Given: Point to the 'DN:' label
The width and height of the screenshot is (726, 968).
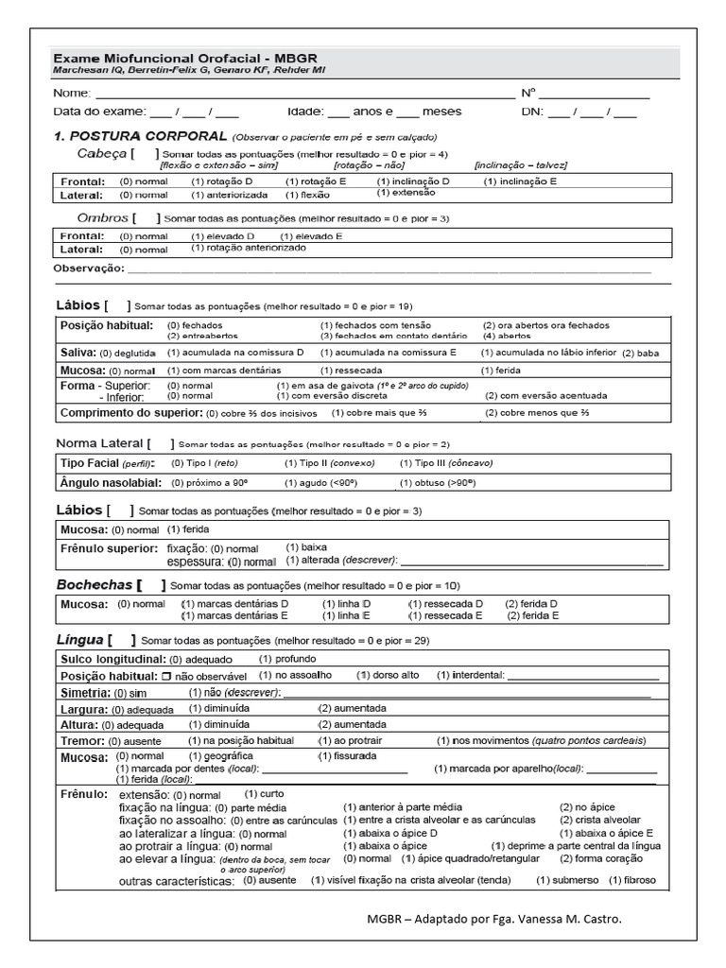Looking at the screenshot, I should click(533, 112).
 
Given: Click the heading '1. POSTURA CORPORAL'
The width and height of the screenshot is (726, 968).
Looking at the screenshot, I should click(141, 136).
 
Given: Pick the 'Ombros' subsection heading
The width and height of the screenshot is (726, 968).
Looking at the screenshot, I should click(101, 217).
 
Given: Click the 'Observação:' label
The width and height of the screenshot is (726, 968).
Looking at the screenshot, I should click(90, 268).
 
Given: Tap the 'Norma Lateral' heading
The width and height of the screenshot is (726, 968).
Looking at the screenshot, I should click(99, 442).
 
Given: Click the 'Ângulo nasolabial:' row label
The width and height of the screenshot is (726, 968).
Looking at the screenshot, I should click(110, 483).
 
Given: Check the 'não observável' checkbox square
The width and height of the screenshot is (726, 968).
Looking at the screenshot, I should click(165, 677).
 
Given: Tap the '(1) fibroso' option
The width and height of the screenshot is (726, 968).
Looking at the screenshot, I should click(631, 880).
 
